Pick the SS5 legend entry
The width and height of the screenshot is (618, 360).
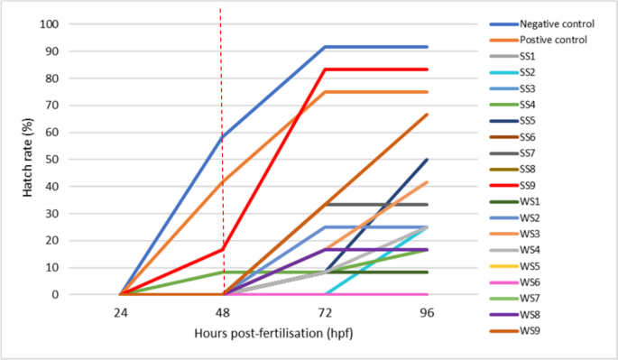[x=531, y=121]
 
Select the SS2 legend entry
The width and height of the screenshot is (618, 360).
[x=531, y=72]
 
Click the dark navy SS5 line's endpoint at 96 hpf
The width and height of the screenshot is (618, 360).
[x=428, y=160]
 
